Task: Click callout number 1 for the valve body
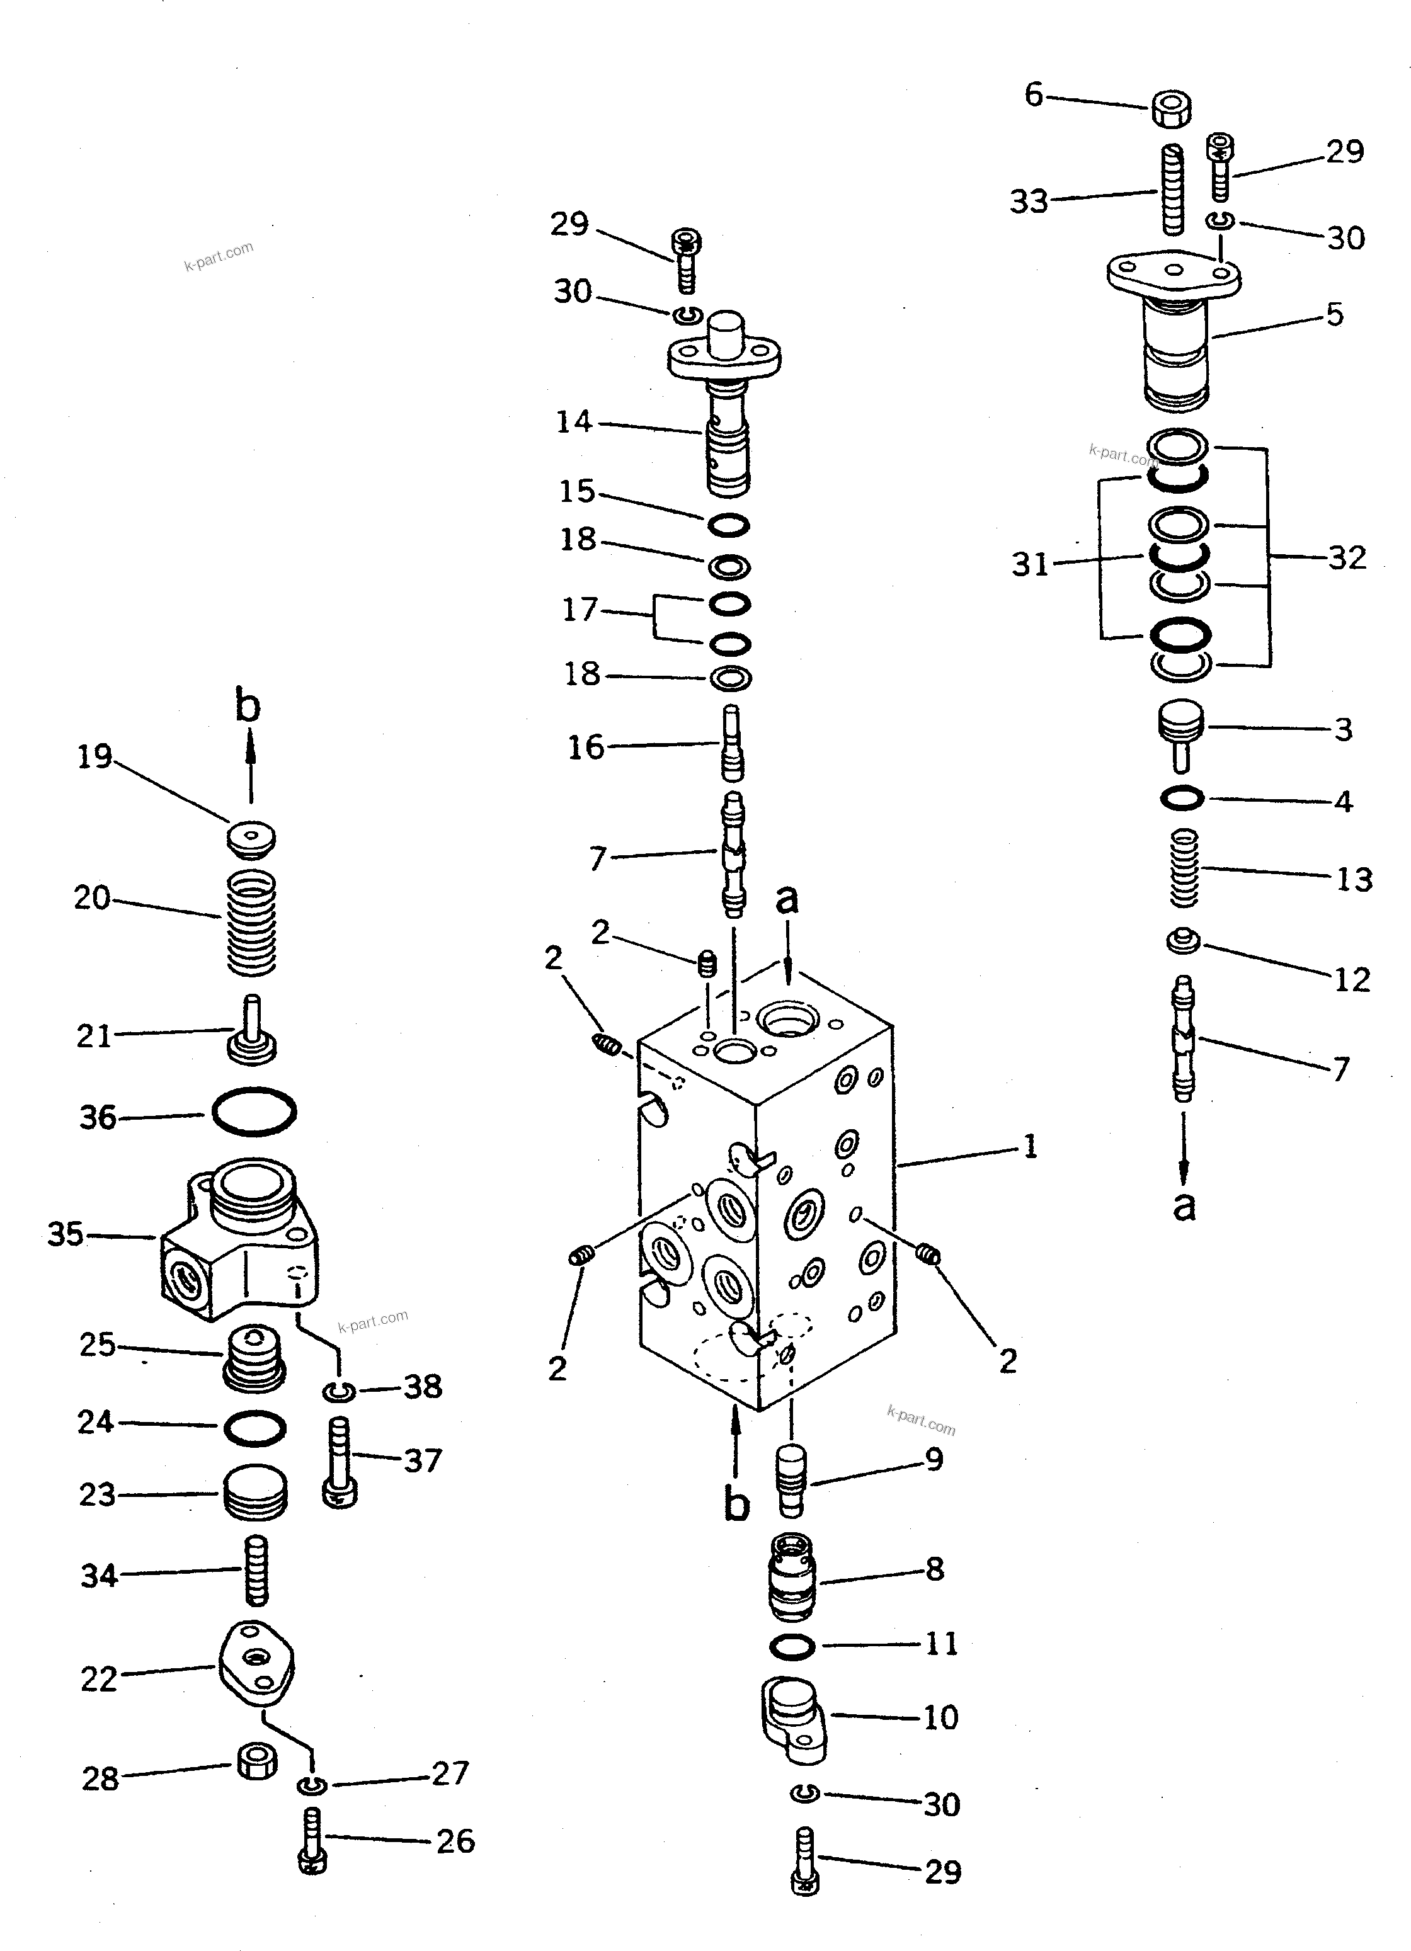(x=1030, y=1147)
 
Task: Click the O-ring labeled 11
(x=792, y=1646)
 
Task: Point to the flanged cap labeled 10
(x=793, y=1717)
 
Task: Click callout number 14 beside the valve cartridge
(x=574, y=423)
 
